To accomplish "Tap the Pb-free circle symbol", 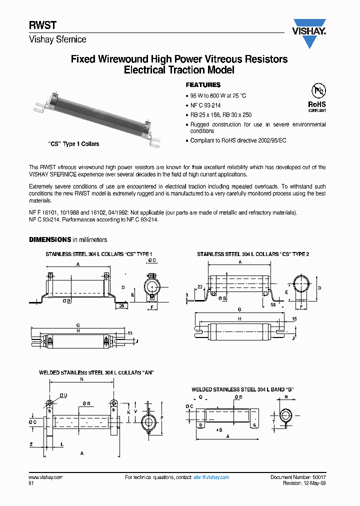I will click(317, 90).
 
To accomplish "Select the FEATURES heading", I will click(203, 85).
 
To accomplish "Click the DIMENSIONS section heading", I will click(50, 240).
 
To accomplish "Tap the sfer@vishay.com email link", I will click(211, 477).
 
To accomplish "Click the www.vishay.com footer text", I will click(45, 477).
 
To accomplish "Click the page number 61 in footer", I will click(31, 484).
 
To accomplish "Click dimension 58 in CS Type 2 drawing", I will click(273, 304).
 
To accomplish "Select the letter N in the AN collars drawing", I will click(81, 379).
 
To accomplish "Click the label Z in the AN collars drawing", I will click(31, 444).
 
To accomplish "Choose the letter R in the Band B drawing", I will click(285, 396).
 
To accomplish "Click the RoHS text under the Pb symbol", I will click(317, 104).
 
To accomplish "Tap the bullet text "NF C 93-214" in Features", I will click(205, 105).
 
